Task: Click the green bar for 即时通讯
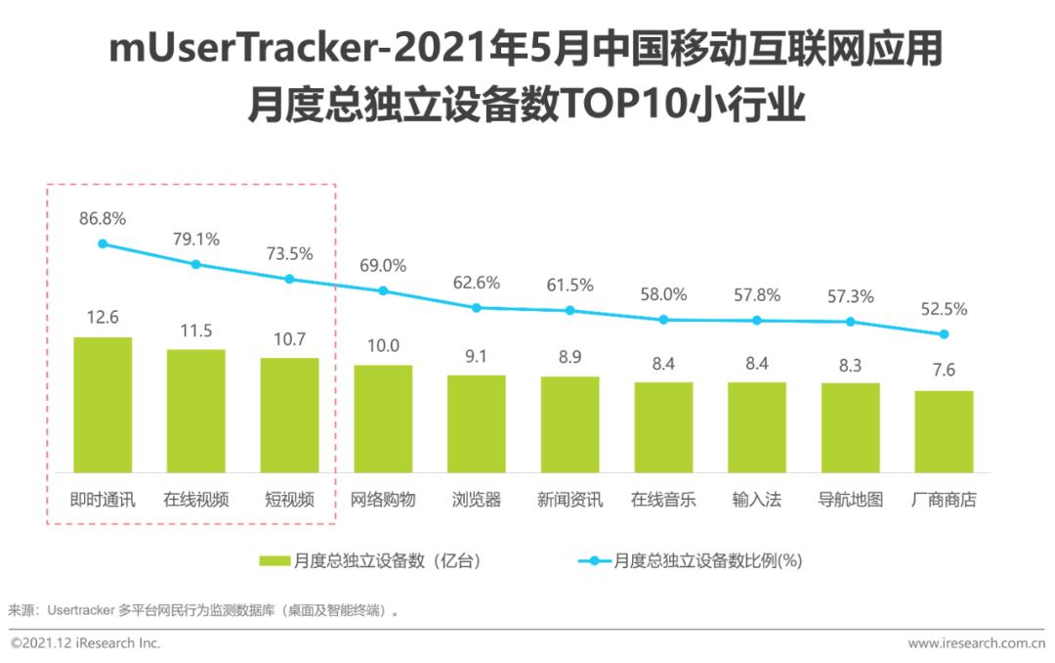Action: click(x=103, y=405)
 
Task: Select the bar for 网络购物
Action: click(x=383, y=419)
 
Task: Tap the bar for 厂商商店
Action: click(x=944, y=431)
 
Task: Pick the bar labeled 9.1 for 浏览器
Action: click(x=477, y=423)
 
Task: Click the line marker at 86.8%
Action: click(x=103, y=243)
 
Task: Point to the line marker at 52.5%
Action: click(x=944, y=334)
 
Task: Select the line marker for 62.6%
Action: click(x=477, y=307)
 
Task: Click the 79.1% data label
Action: click(x=196, y=239)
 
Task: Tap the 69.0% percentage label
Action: click(x=383, y=265)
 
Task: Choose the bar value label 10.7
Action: click(x=289, y=339)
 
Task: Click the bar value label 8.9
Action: click(x=570, y=358)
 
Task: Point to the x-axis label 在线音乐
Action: click(x=663, y=500)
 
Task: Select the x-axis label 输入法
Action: click(x=757, y=500)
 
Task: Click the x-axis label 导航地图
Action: click(x=850, y=500)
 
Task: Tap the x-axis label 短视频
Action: click(x=289, y=500)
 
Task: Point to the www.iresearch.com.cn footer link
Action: click(x=976, y=643)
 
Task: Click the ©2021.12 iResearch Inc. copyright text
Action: click(x=85, y=643)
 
